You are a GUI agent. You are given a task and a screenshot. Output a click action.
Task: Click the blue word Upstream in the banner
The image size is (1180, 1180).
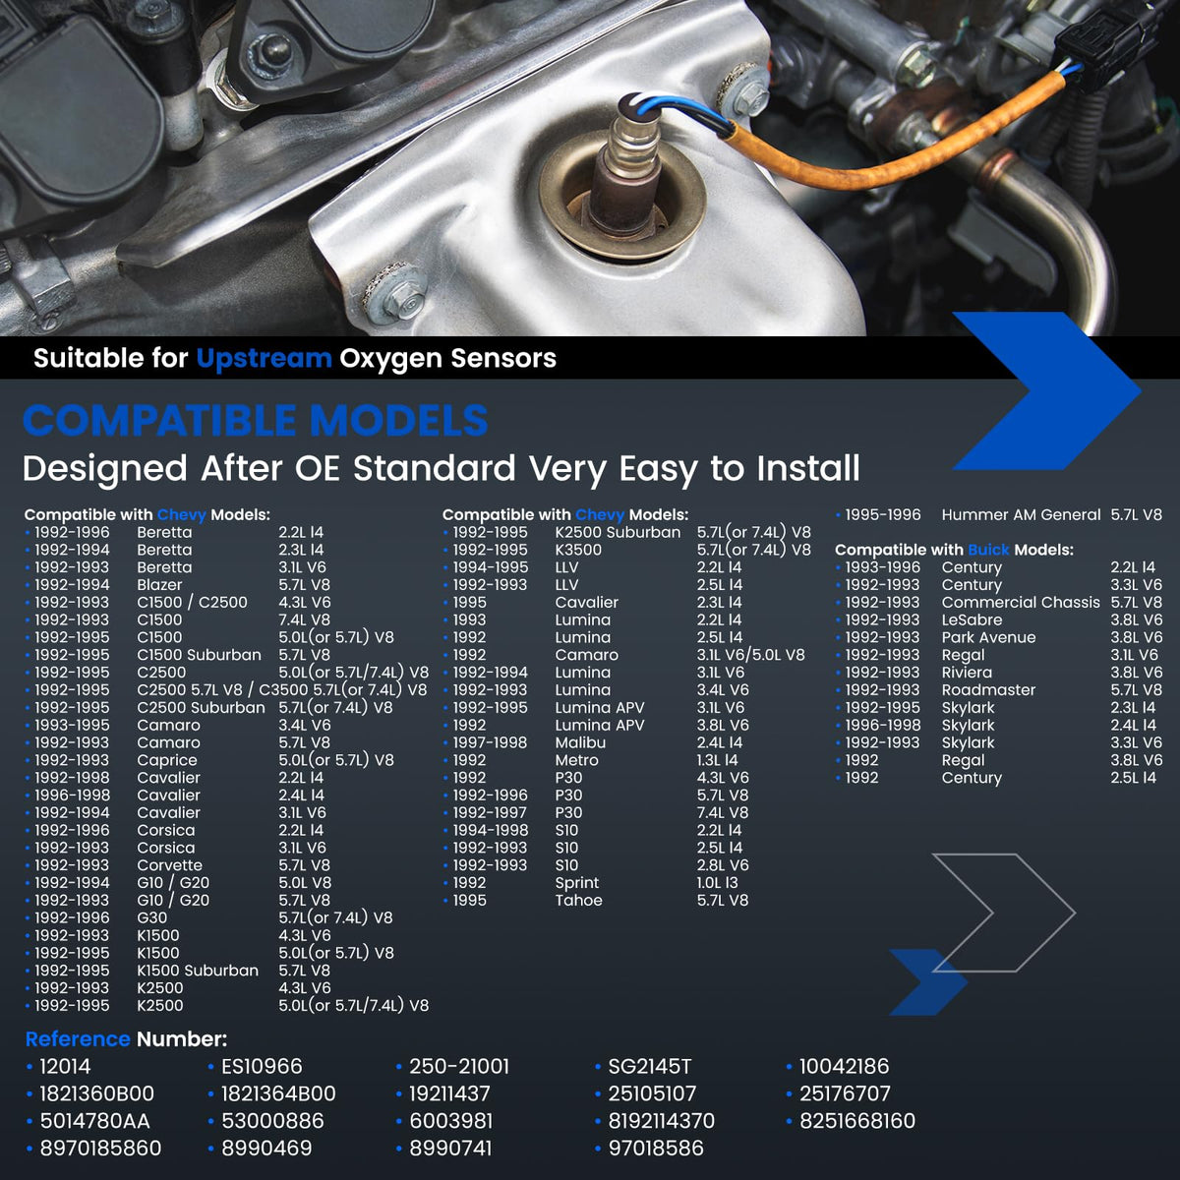[264, 359]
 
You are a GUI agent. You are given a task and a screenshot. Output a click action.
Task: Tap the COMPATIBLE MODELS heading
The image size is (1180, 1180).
[256, 421]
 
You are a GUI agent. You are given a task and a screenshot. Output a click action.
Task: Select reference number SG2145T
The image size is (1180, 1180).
[649, 1066]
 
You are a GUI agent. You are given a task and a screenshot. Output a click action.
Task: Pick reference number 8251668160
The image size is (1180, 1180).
[857, 1121]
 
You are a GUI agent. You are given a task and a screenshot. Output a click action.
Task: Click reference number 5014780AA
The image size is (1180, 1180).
[95, 1121]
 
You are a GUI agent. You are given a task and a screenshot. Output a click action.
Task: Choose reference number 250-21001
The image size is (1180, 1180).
[459, 1066]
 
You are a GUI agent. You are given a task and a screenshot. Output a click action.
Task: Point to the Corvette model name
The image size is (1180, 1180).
[169, 865]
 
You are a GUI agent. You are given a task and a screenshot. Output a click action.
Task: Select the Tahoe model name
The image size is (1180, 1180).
[578, 900]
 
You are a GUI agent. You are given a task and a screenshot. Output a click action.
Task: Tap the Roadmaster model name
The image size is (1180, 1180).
[988, 690]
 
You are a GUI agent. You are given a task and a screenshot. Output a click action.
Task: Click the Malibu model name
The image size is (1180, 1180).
[580, 742]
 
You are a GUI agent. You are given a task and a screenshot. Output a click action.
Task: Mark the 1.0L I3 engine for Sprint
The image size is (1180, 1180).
[718, 883]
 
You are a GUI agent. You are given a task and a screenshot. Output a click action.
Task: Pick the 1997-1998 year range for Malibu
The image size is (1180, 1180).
[490, 742]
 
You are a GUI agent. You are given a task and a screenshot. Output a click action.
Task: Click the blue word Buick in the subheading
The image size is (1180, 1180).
[988, 550]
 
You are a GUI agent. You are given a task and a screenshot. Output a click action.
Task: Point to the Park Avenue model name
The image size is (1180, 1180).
[989, 637]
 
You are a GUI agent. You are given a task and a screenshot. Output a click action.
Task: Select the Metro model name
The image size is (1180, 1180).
[577, 760]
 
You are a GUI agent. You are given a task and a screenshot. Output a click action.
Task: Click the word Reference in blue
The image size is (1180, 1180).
[78, 1039]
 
